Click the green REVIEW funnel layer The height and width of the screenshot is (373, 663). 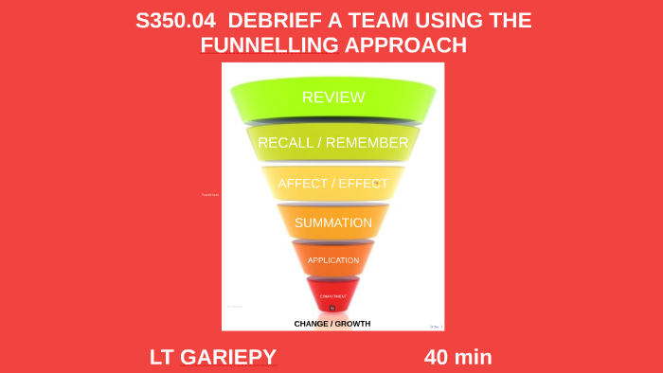pos(332,98)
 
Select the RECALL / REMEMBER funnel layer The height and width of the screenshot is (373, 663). pos(332,143)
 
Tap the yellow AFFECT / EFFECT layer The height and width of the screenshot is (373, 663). pos(332,184)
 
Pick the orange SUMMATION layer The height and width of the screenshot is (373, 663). pos(332,222)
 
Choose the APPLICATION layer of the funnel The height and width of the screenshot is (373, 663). pos(332,259)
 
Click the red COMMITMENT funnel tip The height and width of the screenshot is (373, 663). pos(332,295)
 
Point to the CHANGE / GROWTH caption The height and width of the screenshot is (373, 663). pos(332,324)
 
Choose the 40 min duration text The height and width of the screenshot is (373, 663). pos(457,357)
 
